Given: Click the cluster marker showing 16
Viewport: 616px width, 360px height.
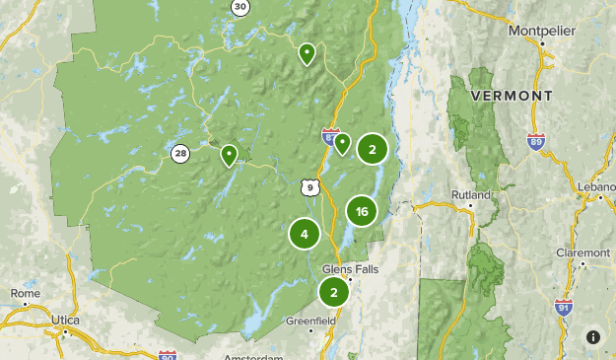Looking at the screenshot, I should [362, 211].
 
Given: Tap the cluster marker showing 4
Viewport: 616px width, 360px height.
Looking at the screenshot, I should [305, 234].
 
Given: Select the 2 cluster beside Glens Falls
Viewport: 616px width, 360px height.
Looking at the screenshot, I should [334, 292].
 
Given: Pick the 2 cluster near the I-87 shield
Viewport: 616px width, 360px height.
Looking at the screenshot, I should [372, 149].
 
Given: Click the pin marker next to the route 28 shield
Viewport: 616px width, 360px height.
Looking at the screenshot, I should [229, 155].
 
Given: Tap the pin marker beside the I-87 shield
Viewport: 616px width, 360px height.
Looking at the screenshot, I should [342, 143].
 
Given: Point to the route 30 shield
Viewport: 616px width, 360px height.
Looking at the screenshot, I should [240, 7].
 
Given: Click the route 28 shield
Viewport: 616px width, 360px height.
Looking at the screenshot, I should [179, 153].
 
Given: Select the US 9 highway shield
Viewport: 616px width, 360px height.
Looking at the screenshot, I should [310, 186].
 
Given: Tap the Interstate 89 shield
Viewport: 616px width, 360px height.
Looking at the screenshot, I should [535, 142].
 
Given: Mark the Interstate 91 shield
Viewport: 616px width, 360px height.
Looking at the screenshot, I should [563, 307].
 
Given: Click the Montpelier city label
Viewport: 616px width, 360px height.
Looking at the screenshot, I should [541, 32].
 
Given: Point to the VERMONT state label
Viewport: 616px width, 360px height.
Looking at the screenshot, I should [512, 96].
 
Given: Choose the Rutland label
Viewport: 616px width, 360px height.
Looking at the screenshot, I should [470, 194].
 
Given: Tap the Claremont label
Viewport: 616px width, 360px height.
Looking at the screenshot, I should [582, 252].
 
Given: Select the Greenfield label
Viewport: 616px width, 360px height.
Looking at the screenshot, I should [311, 321].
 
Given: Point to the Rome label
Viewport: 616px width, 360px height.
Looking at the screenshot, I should [25, 293].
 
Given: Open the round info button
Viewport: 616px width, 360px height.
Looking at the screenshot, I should [592, 336].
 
